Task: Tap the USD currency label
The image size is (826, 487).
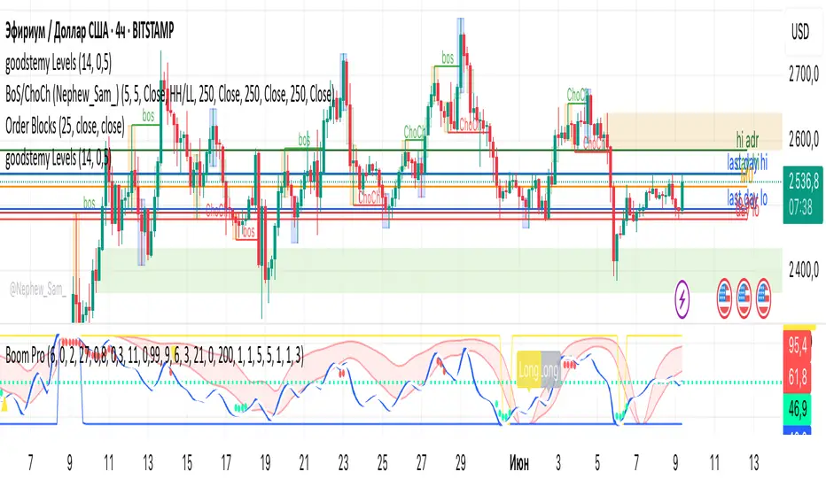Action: pyautogui.click(x=800, y=32)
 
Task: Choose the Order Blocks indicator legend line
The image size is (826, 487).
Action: pyautogui.click(x=65, y=126)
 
